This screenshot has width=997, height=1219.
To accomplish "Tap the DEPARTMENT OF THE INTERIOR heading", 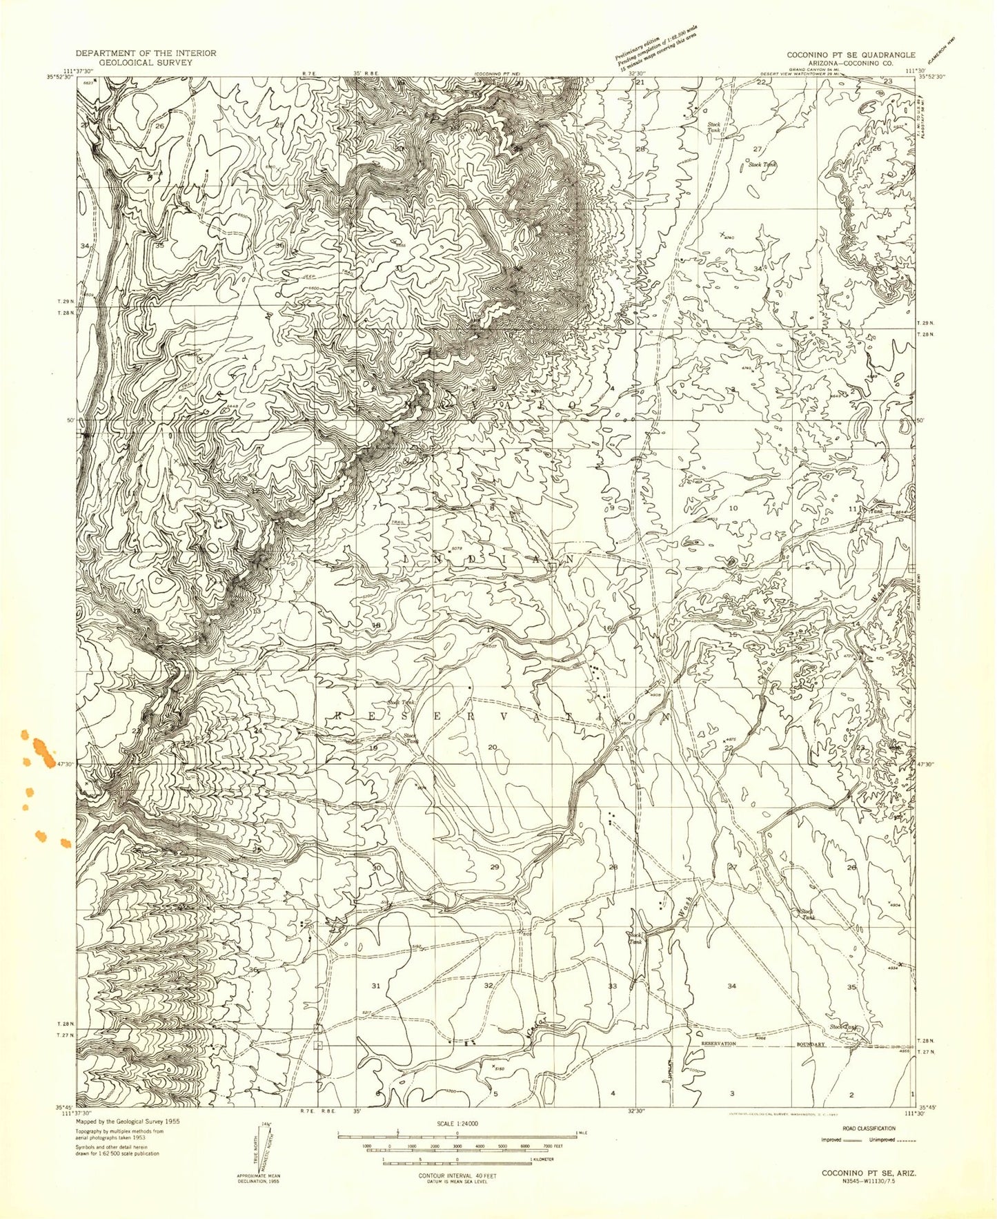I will click(146, 53).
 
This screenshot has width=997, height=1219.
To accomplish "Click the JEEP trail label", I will click(309, 275).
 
